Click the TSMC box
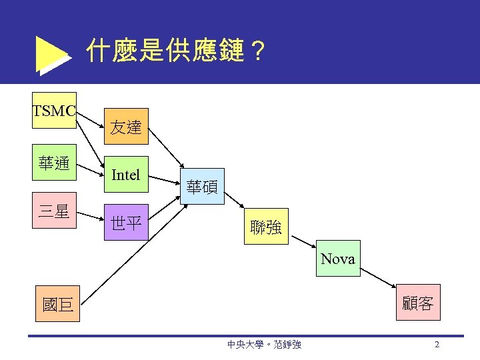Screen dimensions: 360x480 [54, 110]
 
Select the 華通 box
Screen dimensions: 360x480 [54, 163]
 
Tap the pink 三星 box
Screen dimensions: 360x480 [54, 211]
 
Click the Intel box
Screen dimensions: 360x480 [126, 175]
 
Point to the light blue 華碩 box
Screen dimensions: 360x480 [201, 186]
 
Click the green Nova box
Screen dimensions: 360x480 [338, 259]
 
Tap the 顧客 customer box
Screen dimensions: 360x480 [417, 305]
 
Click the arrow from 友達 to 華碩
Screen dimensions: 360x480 [167, 147]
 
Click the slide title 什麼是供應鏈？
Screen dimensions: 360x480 [176, 51]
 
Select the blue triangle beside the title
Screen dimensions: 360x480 [51, 55]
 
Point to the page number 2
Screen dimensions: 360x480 [437, 345]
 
